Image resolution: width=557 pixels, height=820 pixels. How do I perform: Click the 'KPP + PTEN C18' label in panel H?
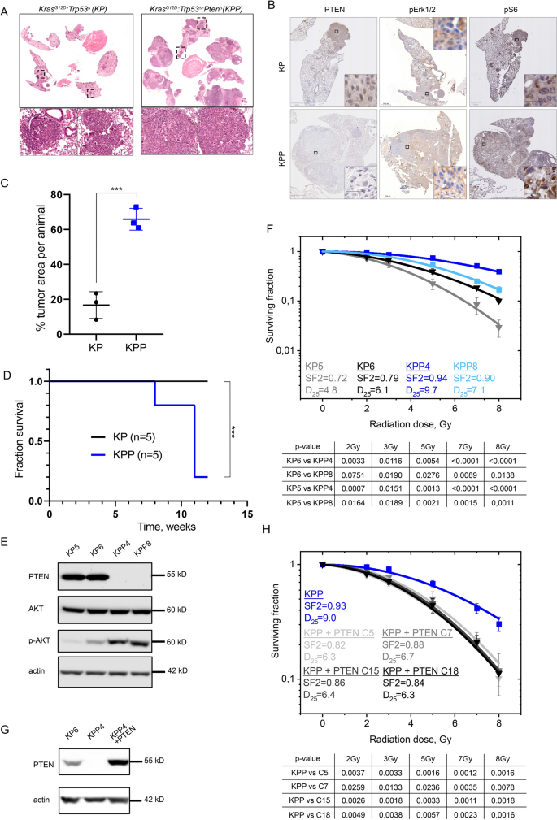coord(411,673)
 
